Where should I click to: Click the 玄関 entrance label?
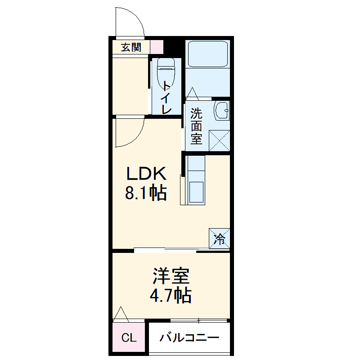coord(131,47)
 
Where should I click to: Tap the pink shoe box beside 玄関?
coord(157,47)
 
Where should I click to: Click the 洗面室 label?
coord(196,126)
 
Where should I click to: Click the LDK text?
coord(146,173)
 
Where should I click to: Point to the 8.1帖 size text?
coord(146,193)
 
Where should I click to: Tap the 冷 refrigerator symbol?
coord(220,238)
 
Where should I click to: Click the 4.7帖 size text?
coord(171,296)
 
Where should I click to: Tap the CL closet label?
coord(129,338)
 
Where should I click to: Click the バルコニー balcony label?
coord(189,337)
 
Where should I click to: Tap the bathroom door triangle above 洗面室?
coord(193,93)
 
